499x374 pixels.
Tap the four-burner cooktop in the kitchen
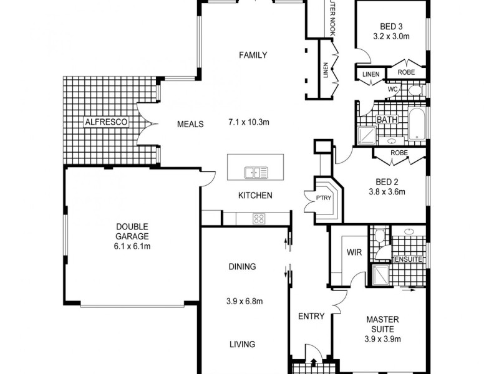pyautogui.click(x=258, y=218)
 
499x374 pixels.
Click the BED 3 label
pyautogui.click(x=391, y=26)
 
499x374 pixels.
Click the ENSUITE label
pyautogui.click(x=409, y=259)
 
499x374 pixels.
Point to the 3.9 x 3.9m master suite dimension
pyautogui.click(x=382, y=340)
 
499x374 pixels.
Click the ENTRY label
pyautogui.click(x=311, y=317)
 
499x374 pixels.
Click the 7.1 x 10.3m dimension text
pyautogui.click(x=248, y=123)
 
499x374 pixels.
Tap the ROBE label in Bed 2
pyautogui.click(x=399, y=153)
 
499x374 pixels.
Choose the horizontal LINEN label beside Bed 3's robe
pyautogui.click(x=371, y=74)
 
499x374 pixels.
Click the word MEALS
pyautogui.click(x=190, y=124)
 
